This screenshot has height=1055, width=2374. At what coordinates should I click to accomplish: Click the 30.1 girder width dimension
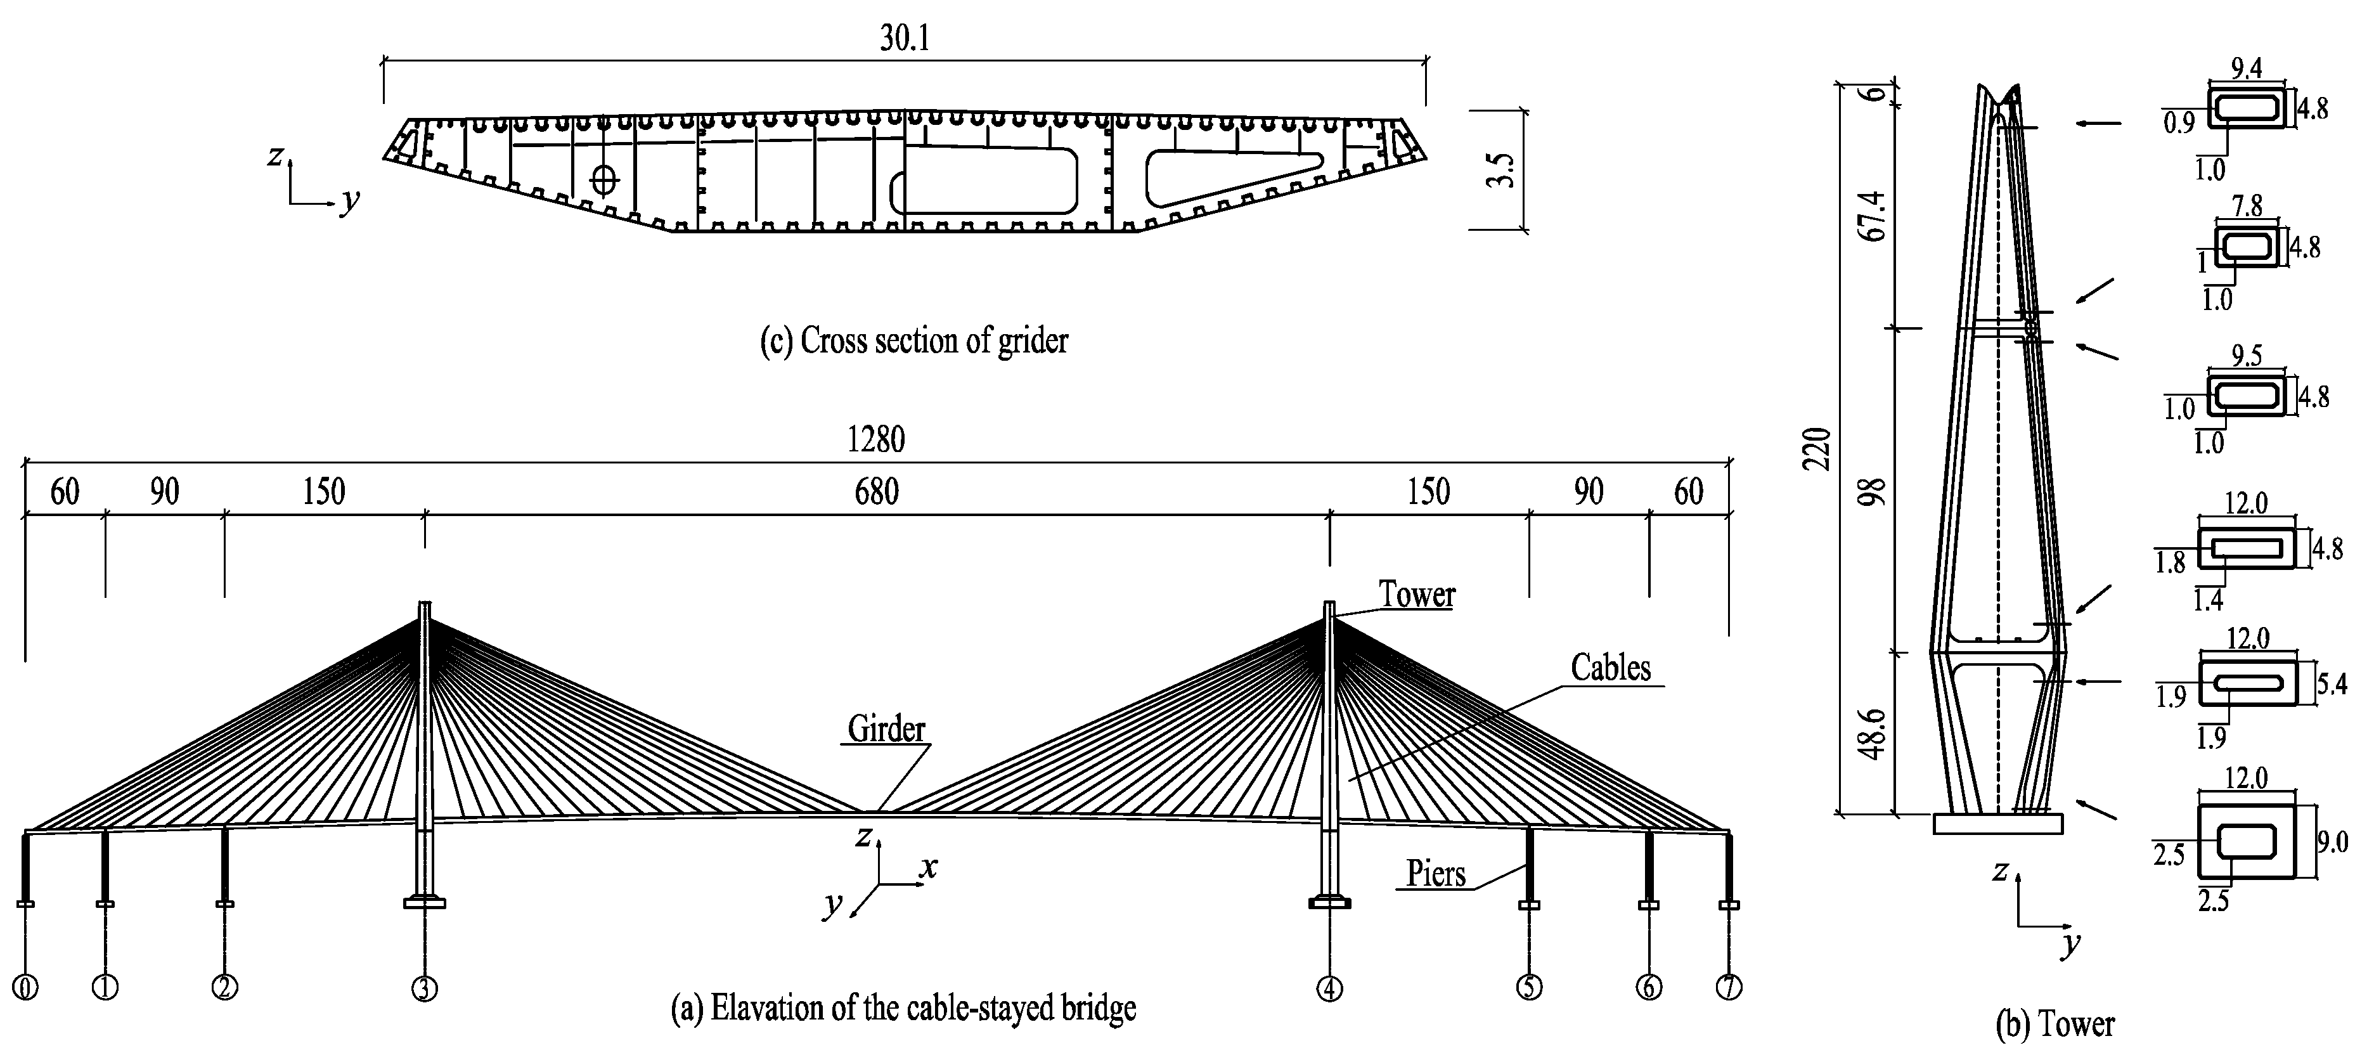(904, 39)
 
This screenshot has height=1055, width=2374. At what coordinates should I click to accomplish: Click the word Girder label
(886, 729)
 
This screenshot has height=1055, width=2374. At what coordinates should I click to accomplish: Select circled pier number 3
(424, 988)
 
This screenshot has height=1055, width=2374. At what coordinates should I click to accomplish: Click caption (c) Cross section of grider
(913, 341)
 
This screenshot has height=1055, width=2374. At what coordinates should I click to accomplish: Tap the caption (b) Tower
(2055, 1025)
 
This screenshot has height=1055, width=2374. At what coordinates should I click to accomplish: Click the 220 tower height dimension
(1816, 449)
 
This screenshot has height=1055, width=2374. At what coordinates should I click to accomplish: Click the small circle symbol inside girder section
(603, 179)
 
